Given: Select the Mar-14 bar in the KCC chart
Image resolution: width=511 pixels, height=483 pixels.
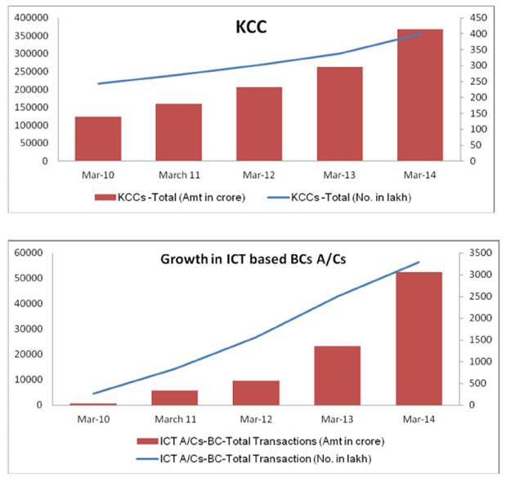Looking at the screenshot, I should (419, 95).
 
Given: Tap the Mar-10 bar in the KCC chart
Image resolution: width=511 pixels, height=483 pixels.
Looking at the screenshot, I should (98, 139).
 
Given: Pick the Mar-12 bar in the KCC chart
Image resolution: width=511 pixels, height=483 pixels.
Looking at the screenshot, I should (258, 123).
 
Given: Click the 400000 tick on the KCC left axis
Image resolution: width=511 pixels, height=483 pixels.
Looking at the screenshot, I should (29, 18).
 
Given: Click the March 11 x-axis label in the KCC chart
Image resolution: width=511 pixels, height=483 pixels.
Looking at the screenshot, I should (178, 174).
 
